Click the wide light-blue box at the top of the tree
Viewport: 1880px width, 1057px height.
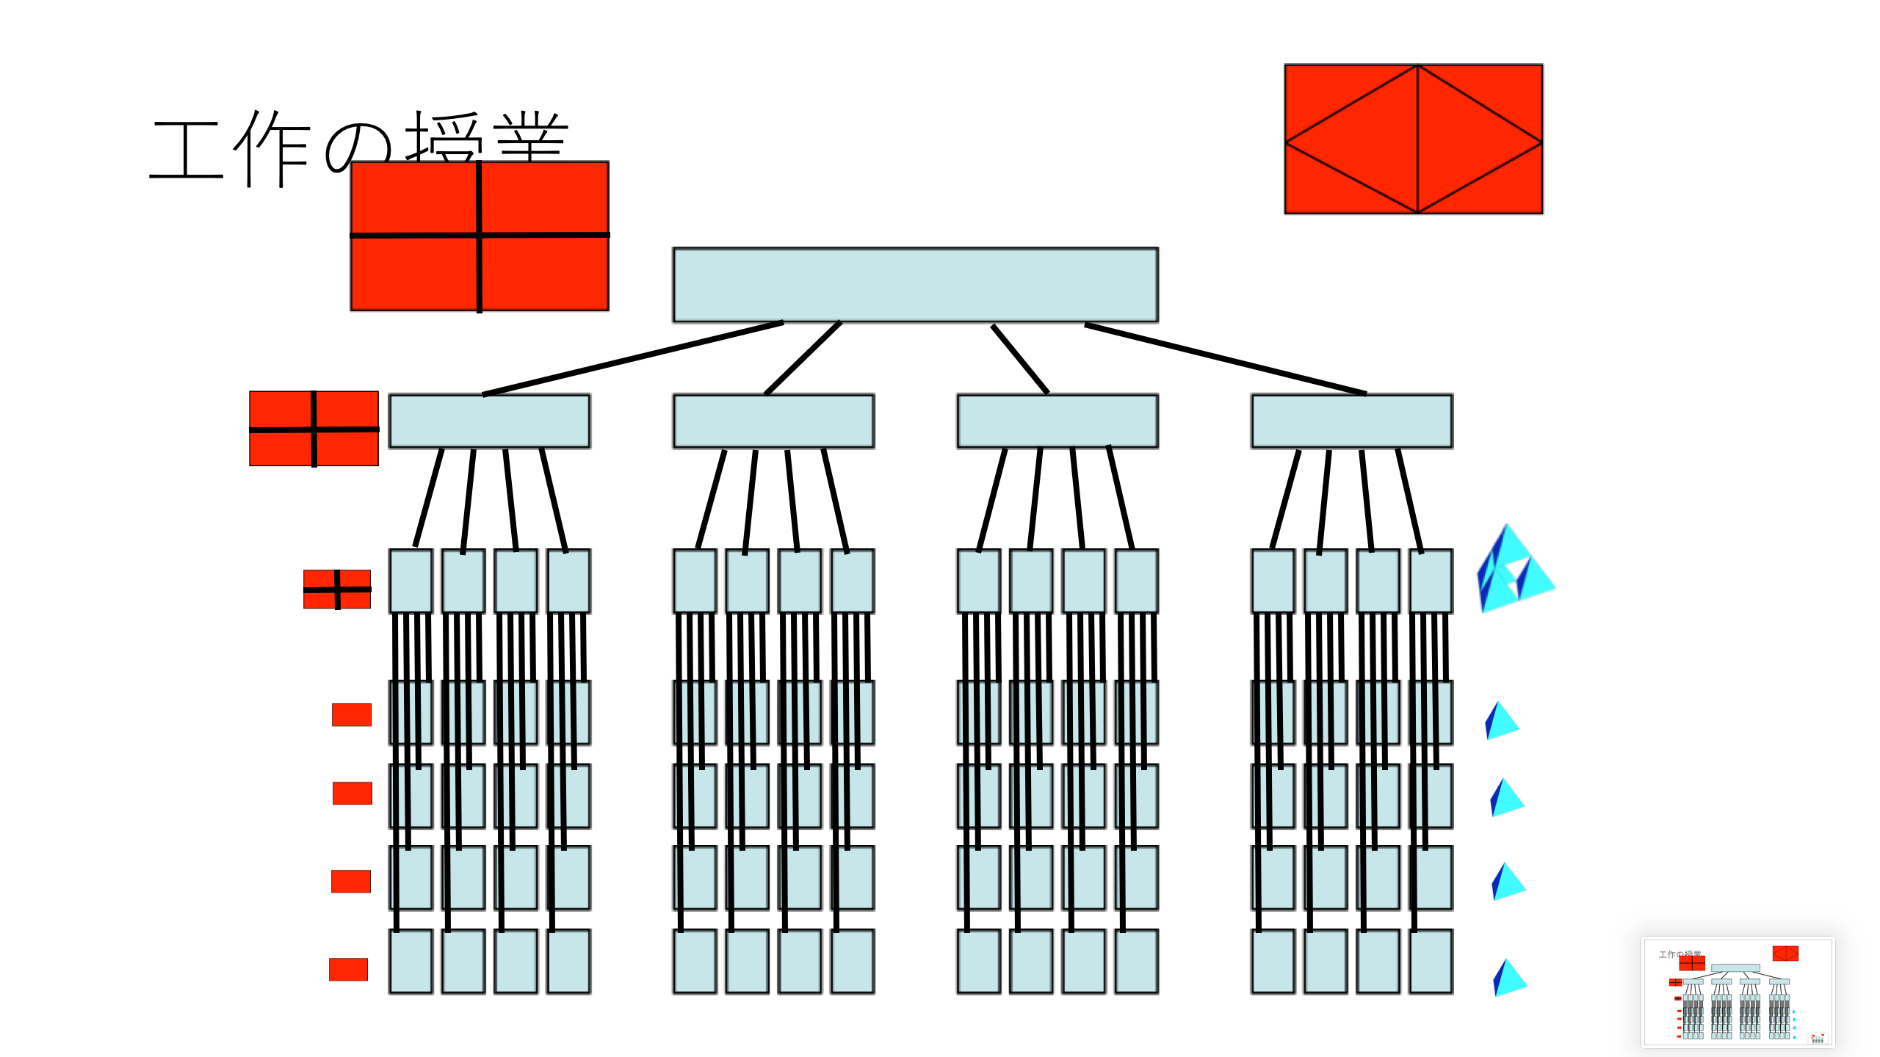(915, 285)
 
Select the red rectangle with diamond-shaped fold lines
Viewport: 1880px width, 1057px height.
(1413, 139)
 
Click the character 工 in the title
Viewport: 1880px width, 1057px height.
(187, 150)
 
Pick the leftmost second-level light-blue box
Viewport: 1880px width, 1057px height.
(489, 421)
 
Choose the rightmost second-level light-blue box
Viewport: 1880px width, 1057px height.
(1351, 421)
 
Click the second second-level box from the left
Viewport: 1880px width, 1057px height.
(773, 421)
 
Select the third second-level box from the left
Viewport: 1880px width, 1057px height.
(1057, 421)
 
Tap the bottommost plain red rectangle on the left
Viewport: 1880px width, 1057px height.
(348, 969)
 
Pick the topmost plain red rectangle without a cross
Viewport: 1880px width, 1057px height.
(351, 714)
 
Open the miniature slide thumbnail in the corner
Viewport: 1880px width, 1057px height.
(1738, 992)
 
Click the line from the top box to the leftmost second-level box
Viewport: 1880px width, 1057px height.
(632, 358)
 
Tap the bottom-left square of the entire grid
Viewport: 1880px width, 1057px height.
(411, 961)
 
